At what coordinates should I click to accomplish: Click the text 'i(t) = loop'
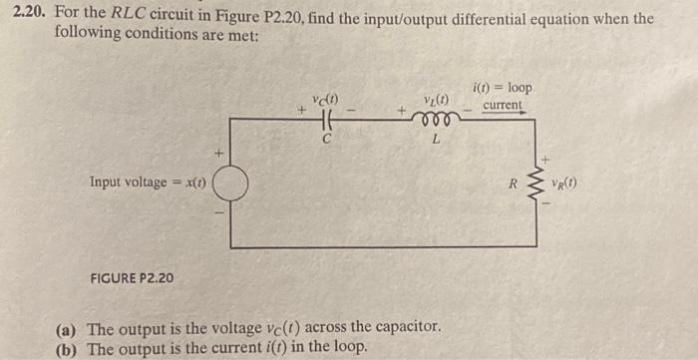coord(505,87)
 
